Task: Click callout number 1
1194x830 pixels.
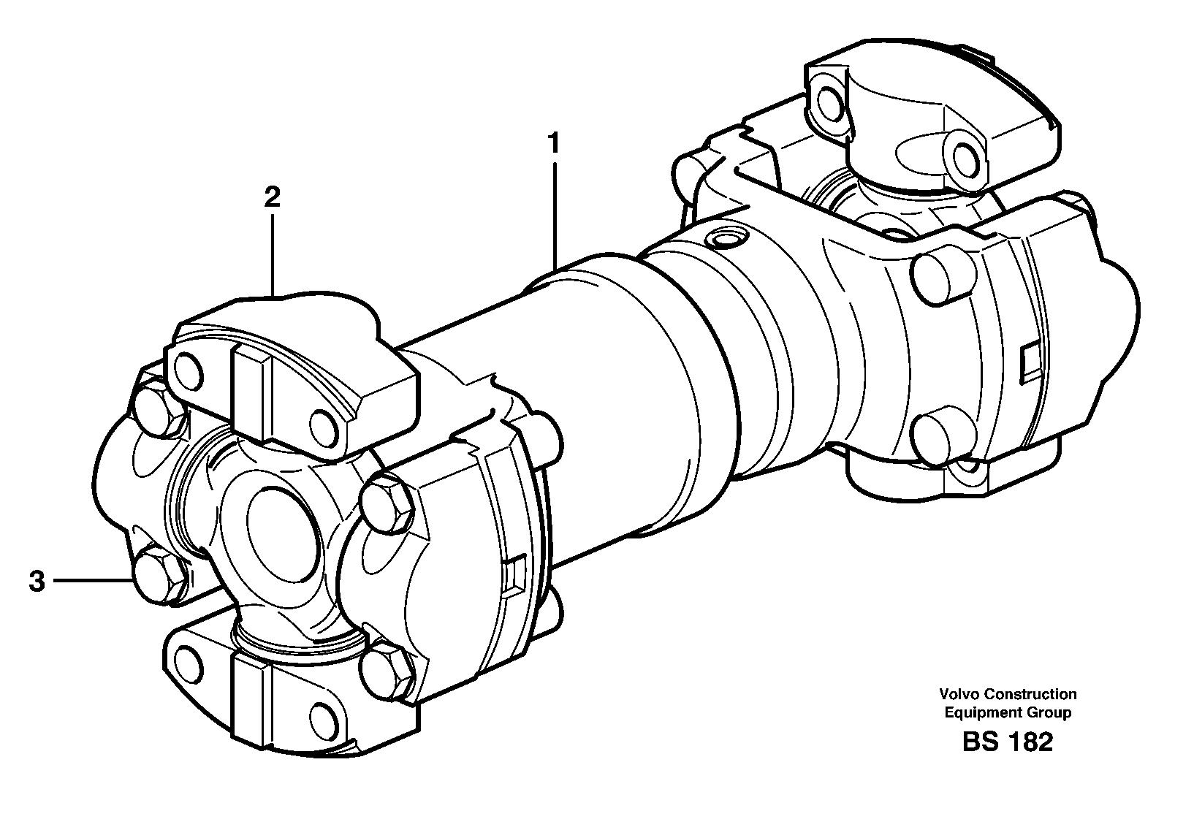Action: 555,143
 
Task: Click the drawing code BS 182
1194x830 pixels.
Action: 1008,742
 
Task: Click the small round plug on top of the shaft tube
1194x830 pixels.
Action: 727,238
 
